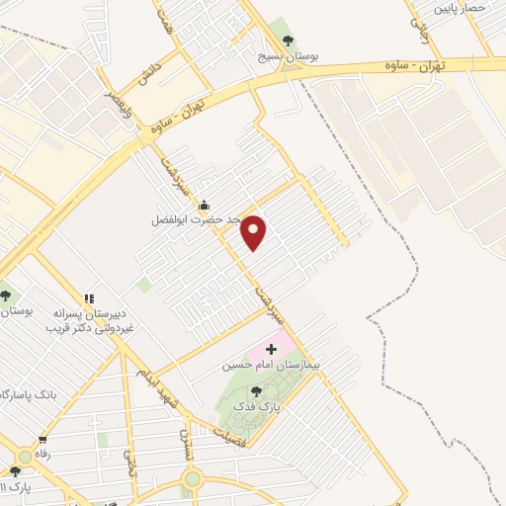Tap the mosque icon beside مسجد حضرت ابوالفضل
(204, 205)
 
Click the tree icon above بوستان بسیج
(288, 41)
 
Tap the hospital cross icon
(271, 350)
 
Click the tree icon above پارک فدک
(256, 391)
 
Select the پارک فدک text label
(256, 406)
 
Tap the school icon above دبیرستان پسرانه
(89, 297)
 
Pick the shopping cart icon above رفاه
(42, 441)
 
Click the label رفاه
(42, 455)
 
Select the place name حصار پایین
(461, 7)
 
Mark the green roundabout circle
(192, 479)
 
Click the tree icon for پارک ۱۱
(14, 471)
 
